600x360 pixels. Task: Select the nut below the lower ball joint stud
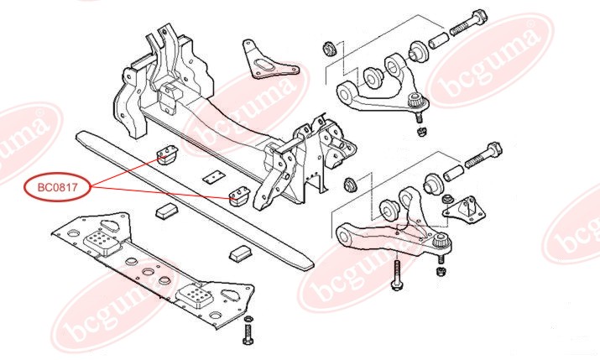[x=441, y=270]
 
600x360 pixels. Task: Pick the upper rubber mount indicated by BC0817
[x=168, y=155]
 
